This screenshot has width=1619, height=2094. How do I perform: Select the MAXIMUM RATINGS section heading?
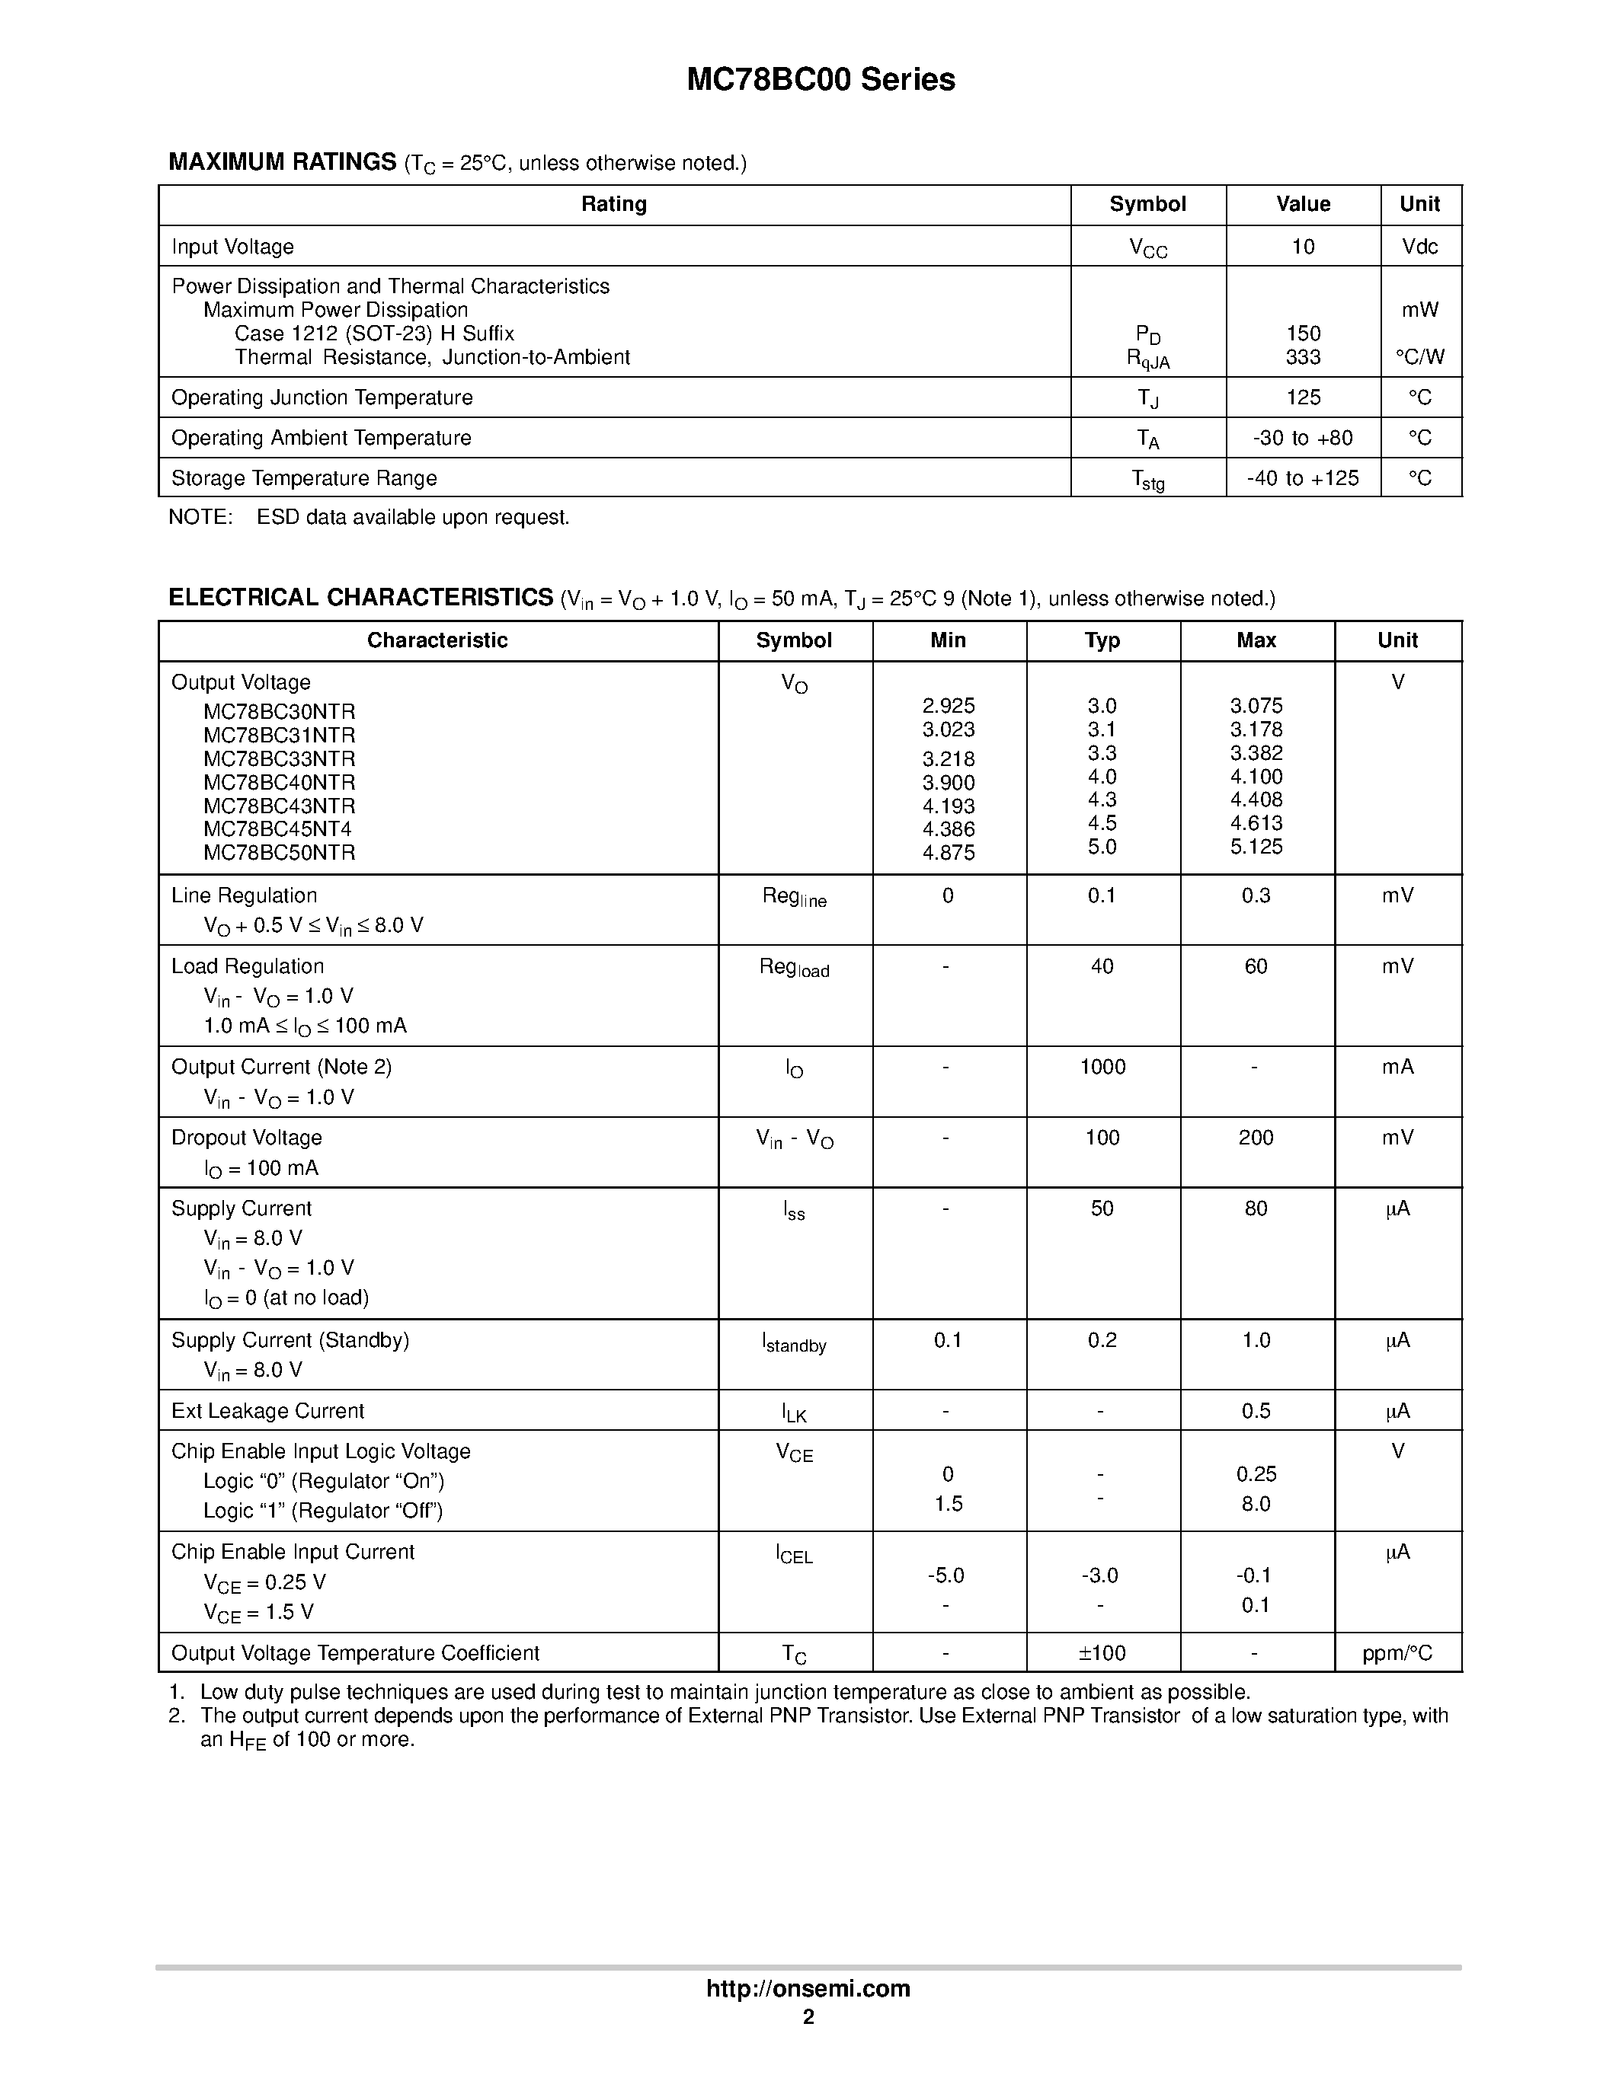[282, 162]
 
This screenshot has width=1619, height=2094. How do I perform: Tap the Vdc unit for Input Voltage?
[1419, 247]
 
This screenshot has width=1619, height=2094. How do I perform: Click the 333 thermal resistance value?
[1303, 358]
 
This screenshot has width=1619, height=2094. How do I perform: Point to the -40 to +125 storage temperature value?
[1303, 477]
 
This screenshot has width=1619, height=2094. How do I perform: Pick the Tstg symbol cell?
[1147, 480]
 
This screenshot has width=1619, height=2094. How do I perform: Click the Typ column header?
[1102, 640]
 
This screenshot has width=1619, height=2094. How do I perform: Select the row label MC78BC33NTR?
[279, 758]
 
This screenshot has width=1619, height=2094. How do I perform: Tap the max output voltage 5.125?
[1256, 847]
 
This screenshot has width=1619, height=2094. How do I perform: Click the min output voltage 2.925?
[948, 706]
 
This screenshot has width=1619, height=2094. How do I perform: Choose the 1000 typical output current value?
[1102, 1067]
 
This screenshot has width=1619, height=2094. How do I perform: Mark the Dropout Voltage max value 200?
[1256, 1138]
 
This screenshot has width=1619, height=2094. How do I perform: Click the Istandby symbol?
[794, 1343]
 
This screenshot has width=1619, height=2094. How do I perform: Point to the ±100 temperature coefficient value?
[1102, 1653]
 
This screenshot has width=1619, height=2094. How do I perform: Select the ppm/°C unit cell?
[1397, 1653]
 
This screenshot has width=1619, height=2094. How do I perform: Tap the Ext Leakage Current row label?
[267, 1411]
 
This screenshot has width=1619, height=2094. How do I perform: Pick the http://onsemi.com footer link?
[808, 1988]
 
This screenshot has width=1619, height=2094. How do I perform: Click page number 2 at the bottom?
[808, 2016]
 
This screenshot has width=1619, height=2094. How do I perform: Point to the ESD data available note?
[412, 518]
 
